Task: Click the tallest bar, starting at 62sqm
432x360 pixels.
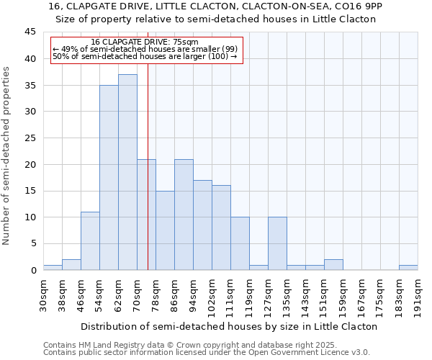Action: (127, 172)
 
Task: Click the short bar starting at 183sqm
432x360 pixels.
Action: (408, 267)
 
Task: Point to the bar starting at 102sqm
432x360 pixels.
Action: (221, 228)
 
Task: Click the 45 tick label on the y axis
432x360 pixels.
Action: (30, 32)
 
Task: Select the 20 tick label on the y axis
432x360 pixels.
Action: (30, 164)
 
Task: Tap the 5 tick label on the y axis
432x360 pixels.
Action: (32, 243)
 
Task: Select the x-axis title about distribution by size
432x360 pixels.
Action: (228, 326)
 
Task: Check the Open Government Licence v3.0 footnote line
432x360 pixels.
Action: (207, 353)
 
